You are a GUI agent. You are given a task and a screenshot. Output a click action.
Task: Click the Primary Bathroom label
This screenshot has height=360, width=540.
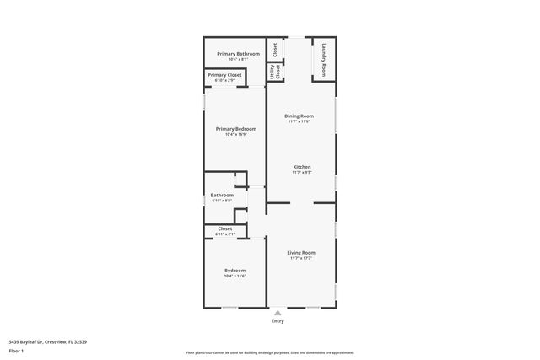[232, 54]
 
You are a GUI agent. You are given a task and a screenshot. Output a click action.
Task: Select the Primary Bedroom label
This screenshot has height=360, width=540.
[235, 128]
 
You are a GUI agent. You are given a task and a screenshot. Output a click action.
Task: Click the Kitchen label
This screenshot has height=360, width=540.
[302, 167]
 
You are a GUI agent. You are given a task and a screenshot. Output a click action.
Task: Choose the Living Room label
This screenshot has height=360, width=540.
[301, 253]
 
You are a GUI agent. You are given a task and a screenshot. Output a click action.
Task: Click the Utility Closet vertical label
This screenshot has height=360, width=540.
[273, 73]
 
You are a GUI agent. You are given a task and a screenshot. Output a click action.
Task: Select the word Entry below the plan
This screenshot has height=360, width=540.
[278, 321]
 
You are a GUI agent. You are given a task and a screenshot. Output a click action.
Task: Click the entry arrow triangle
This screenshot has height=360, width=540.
[278, 312]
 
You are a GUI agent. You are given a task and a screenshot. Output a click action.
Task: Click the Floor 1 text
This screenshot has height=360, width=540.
[17, 350]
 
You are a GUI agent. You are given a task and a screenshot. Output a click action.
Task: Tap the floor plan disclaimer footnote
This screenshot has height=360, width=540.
[269, 352]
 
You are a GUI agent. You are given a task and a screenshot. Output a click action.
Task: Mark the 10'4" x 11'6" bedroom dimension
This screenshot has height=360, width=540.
[235, 276]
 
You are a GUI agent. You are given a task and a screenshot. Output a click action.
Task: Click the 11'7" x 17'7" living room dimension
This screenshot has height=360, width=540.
[301, 259]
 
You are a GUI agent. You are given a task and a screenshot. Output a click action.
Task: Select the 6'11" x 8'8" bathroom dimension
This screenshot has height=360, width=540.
[222, 201]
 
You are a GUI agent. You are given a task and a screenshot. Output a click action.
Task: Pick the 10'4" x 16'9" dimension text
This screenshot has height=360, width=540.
[235, 134]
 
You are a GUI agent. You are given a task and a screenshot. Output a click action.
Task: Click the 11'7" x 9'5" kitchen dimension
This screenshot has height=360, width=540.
[302, 173]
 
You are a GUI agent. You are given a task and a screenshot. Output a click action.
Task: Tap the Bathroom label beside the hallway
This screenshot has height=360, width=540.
[222, 195]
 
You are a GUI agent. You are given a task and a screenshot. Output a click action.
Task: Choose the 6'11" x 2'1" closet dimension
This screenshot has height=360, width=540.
[225, 234]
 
